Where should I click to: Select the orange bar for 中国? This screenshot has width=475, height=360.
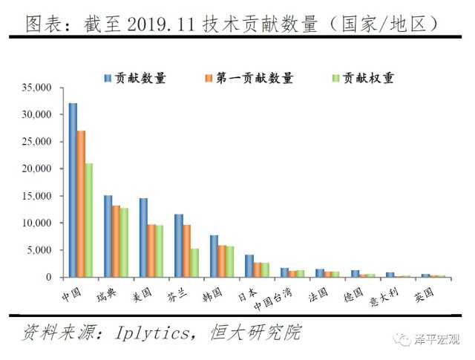(x=81, y=204)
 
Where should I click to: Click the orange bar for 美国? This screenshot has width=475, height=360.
(x=151, y=251)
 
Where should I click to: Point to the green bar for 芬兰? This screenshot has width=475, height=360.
(x=194, y=263)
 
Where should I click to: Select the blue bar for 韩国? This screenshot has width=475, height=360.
(x=214, y=256)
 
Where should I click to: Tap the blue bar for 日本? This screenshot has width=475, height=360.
(x=249, y=266)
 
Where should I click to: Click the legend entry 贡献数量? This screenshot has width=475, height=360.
(x=135, y=78)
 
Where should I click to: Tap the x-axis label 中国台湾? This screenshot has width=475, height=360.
(x=272, y=299)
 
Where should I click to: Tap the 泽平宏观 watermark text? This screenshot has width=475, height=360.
(x=436, y=340)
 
